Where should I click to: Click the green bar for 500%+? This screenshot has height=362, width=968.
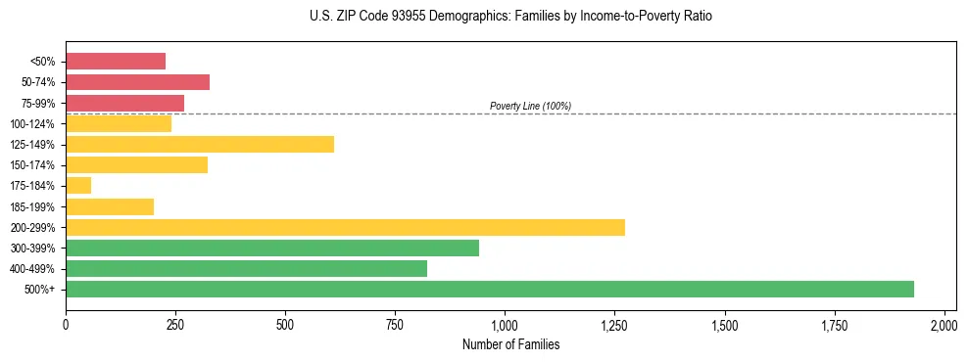[x=490, y=289]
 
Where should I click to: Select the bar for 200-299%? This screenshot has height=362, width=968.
[x=345, y=227]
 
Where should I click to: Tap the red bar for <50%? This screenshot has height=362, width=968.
[x=116, y=61]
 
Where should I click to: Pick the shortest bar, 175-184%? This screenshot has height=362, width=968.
[x=78, y=185]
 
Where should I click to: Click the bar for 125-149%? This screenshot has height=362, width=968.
[x=200, y=144]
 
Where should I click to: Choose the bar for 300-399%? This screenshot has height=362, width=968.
[x=272, y=248]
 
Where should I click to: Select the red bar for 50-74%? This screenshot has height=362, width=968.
[x=137, y=81]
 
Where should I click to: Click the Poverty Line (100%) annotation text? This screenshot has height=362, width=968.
[x=530, y=106]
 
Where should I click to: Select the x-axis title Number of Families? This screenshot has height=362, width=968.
[x=510, y=344]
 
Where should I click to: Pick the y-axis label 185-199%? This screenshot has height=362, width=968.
[x=33, y=206]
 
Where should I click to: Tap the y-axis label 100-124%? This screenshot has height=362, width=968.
[x=33, y=123]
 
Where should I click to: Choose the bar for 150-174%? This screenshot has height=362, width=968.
[x=136, y=164]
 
